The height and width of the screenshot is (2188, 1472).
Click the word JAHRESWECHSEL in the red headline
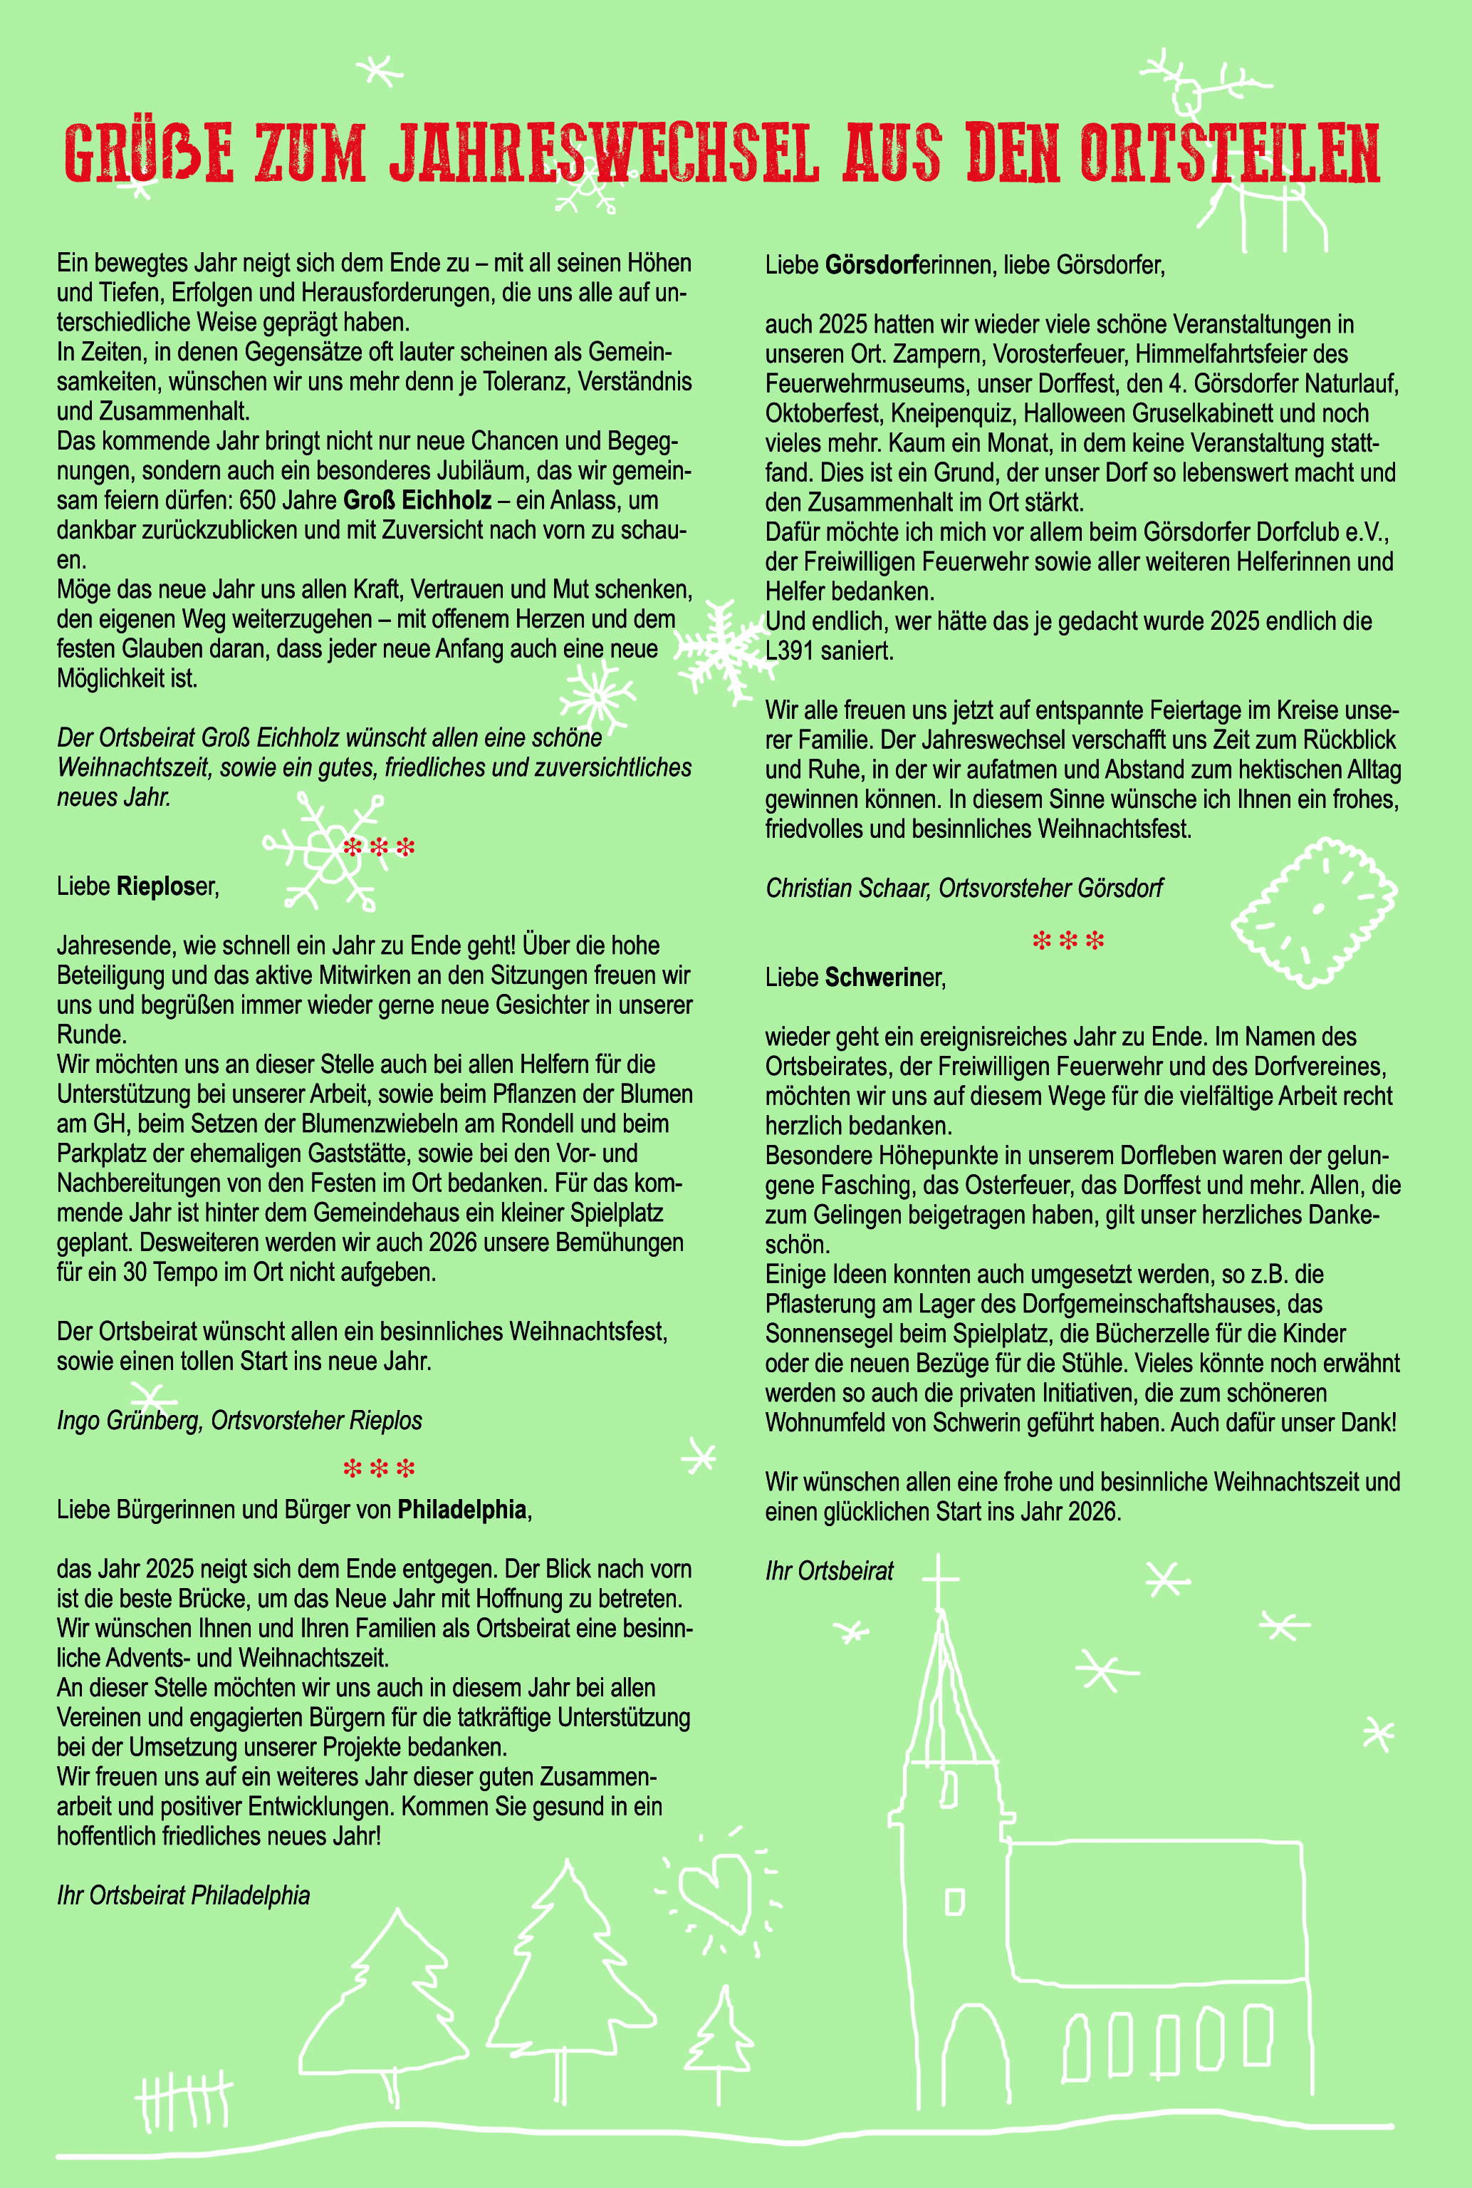coord(605,152)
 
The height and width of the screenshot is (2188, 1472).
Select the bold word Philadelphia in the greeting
coord(461,1510)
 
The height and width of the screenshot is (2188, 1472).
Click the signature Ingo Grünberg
coord(130,1421)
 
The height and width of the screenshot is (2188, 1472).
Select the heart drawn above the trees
coord(715,1887)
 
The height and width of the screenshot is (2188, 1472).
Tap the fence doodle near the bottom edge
coord(183,2102)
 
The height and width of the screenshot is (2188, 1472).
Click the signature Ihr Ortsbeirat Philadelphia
coord(183,1896)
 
